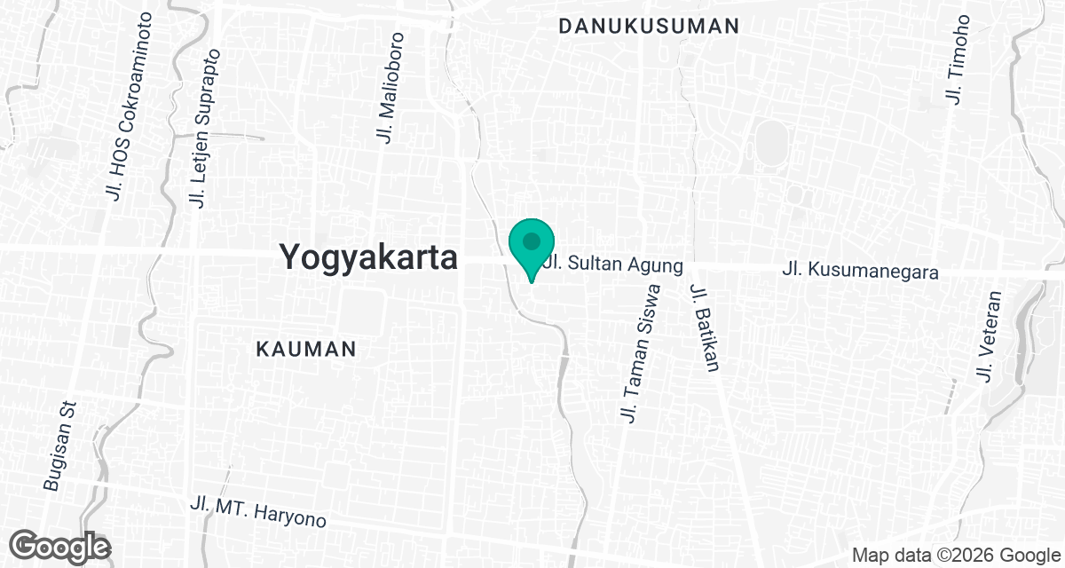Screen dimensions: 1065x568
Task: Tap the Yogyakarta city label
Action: click(x=368, y=257)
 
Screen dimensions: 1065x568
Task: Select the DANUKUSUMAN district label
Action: click(x=649, y=27)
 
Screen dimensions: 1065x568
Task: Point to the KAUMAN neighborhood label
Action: click(x=306, y=349)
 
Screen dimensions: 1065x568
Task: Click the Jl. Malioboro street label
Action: click(x=390, y=88)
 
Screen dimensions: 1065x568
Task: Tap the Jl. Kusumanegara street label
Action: click(x=861, y=271)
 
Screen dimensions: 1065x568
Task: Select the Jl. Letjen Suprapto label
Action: click(x=204, y=130)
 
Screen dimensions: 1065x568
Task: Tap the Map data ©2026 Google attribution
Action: click(x=954, y=556)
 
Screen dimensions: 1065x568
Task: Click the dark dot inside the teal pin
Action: click(x=532, y=241)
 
